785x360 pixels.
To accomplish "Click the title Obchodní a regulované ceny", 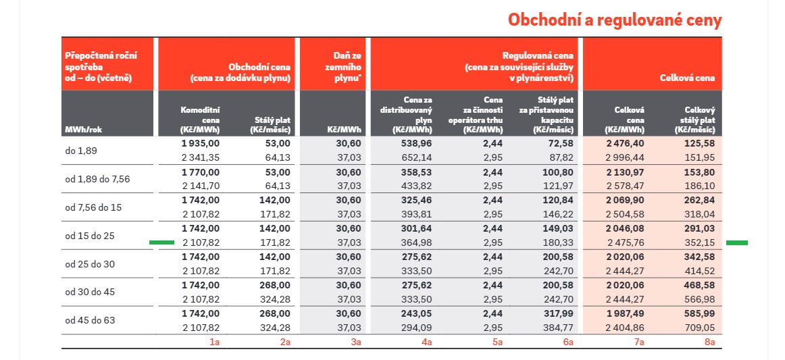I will coord(615,20).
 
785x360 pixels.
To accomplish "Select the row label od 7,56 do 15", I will coord(93,207).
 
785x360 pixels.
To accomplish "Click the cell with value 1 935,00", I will coord(201,144).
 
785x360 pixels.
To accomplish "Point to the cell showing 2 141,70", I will coord(201,185).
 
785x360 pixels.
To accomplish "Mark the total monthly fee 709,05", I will coord(699,328).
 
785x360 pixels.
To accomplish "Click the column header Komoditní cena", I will coord(201,119).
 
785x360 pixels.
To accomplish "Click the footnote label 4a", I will coord(427,342).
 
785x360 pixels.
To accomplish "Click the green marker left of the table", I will coord(161,242).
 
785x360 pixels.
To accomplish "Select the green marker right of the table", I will coord(736,242).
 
